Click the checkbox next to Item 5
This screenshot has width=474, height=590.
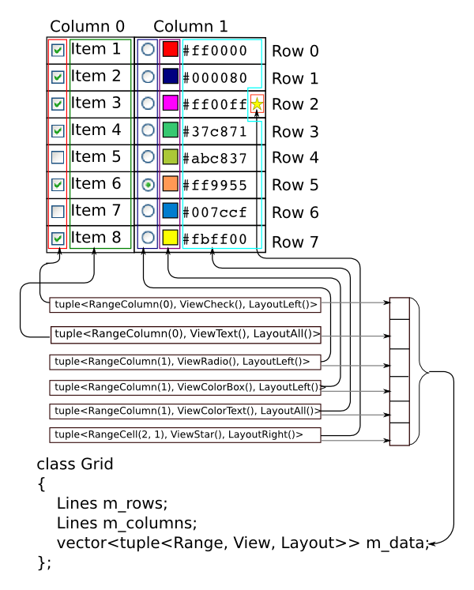pyautogui.click(x=58, y=157)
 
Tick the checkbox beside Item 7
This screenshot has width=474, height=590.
pyautogui.click(x=58, y=211)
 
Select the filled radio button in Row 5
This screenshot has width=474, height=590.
pyautogui.click(x=148, y=184)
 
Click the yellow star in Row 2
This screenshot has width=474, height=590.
pyautogui.click(x=257, y=103)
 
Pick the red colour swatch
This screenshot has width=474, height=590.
pyautogui.click(x=170, y=50)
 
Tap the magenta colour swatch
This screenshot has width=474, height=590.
pyautogui.click(x=170, y=103)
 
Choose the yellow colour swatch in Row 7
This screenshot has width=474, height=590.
pyautogui.click(x=170, y=237)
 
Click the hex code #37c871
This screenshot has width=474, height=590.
pyautogui.click(x=215, y=131)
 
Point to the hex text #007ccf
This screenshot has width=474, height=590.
pyautogui.click(x=215, y=212)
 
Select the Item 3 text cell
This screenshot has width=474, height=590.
pyautogui.click(x=96, y=103)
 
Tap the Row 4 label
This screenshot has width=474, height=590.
pyautogui.click(x=295, y=158)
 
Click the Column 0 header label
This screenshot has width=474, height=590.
pyautogui.click(x=87, y=26)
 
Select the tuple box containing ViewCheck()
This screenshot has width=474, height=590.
pyautogui.click(x=185, y=304)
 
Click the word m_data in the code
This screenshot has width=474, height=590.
pyautogui.click(x=394, y=543)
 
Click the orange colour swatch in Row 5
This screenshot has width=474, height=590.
pyautogui.click(x=170, y=184)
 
